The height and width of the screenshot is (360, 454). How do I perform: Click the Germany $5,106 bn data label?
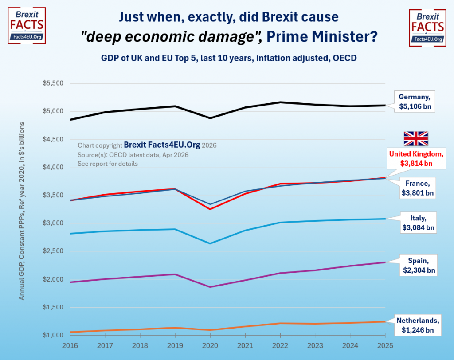[x=415, y=101]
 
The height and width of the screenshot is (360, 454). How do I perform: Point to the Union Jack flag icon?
[x=415, y=138]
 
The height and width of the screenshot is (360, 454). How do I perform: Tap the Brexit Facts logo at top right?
[x=427, y=27]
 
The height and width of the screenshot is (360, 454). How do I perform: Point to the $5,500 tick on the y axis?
[x=53, y=83]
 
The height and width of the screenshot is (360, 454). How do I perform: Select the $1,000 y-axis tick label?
[x=53, y=335]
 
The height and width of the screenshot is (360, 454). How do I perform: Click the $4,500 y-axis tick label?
[x=53, y=140]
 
